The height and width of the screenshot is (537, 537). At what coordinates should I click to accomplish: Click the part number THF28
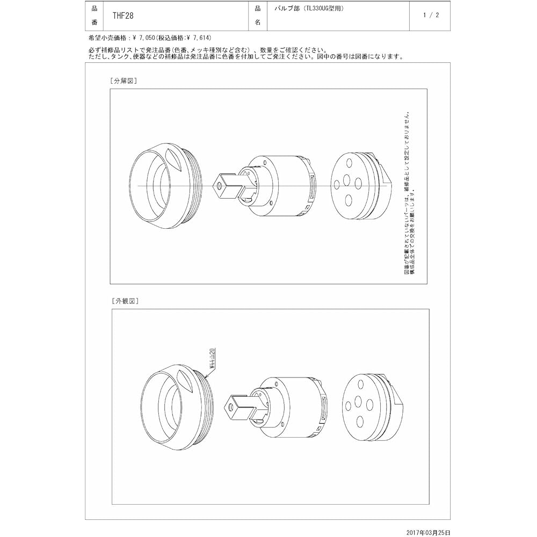(123, 16)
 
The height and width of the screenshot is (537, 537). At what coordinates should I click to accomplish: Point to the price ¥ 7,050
(143, 38)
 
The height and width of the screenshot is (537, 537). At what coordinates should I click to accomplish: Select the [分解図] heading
(124, 81)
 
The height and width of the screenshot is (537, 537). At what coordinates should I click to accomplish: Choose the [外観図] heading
(125, 301)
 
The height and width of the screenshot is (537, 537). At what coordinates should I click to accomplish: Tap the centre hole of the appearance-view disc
(358, 402)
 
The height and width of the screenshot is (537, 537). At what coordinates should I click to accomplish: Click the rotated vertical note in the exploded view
(409, 193)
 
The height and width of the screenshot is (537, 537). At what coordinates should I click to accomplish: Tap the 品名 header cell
(257, 16)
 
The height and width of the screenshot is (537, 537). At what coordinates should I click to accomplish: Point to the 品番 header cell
(95, 16)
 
